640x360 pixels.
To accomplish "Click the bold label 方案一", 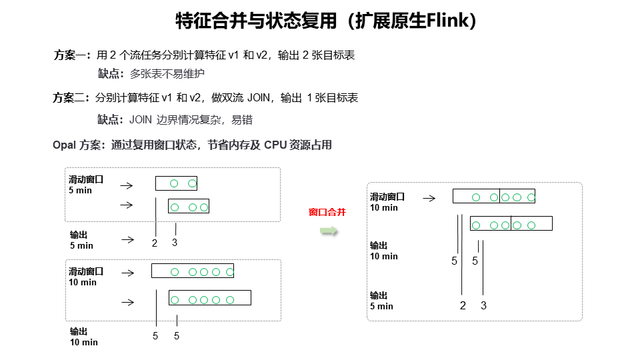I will tap(71, 55).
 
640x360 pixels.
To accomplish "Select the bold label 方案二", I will tap(70, 98).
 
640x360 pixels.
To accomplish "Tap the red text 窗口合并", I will tap(327, 213).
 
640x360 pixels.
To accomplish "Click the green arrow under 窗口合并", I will tap(327, 231).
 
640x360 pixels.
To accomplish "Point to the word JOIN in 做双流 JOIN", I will tap(259, 98).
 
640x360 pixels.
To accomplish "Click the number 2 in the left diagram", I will tap(155, 243).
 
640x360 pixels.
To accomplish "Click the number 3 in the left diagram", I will tap(175, 243).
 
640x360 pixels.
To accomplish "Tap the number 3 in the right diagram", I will tap(484, 306).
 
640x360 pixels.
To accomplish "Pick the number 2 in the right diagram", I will tap(463, 306).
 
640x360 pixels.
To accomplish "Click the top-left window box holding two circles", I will tap(176, 183).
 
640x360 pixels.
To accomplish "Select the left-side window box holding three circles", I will tap(189, 206).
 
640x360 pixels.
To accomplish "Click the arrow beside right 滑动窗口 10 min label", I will tap(429, 198).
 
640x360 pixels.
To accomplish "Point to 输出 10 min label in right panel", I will tap(384, 251).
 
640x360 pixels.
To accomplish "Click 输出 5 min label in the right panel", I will tap(381, 301).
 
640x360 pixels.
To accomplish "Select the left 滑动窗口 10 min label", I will tap(85, 277).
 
